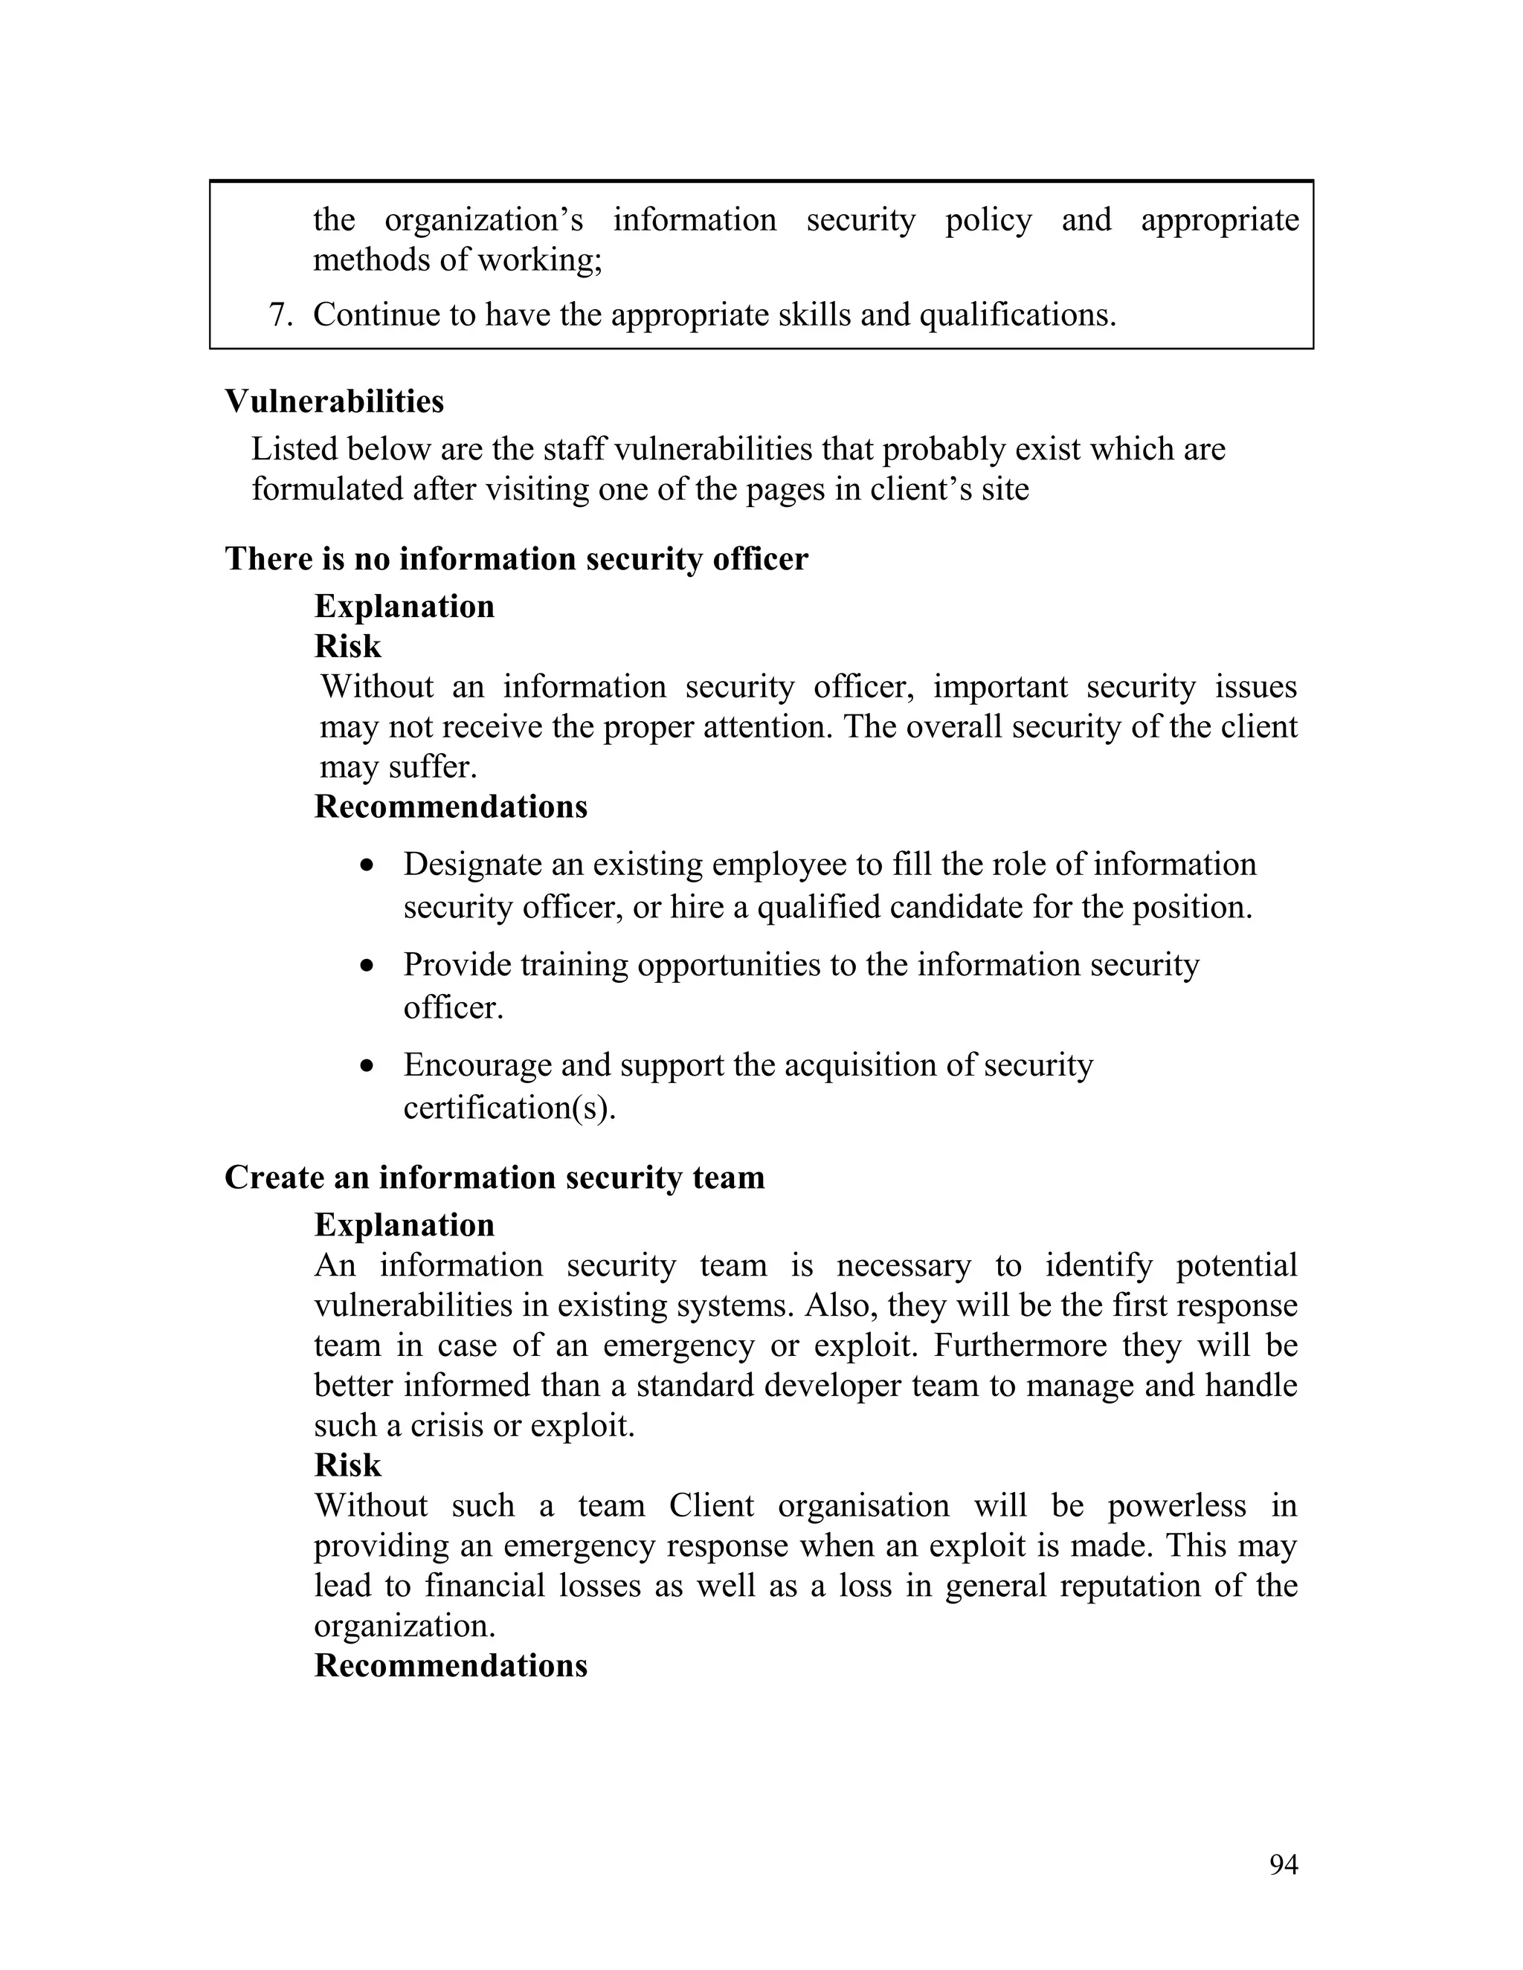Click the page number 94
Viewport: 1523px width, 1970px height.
point(1283,1864)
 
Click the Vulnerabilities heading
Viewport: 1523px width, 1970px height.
point(334,401)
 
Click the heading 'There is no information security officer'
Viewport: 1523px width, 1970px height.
point(516,558)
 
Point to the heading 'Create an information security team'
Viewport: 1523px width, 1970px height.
point(495,1177)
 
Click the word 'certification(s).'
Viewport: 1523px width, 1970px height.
point(509,1108)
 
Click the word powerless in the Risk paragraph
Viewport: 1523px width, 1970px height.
point(1176,1505)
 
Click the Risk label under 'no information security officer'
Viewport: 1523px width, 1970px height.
point(347,647)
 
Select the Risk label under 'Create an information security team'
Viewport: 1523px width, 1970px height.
point(347,1465)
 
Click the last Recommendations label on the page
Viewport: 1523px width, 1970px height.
point(450,1665)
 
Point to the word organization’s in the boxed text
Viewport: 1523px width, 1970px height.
point(483,220)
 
